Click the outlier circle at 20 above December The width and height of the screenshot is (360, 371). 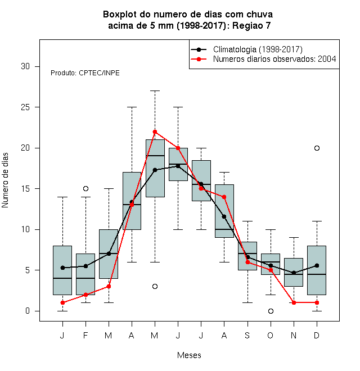tap(317, 148)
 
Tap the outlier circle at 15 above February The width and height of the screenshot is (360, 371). tap(85, 188)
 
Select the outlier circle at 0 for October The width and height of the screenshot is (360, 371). tap(271, 311)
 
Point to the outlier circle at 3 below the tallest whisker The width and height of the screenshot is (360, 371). tap(155, 286)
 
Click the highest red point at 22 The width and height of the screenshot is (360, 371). tap(155, 132)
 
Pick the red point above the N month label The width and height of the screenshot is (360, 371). tap(294, 302)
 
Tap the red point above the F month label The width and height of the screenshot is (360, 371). tap(85, 295)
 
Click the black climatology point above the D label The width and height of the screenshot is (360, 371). tap(317, 265)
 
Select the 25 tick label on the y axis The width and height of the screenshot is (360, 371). tap(25, 107)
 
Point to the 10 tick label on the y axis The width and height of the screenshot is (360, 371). tap(25, 229)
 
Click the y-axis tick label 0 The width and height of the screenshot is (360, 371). tap(28, 311)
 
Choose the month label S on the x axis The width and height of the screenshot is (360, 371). tap(247, 335)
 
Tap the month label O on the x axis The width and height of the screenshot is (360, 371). tap(270, 335)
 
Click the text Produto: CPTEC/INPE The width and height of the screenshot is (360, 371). tap(85, 73)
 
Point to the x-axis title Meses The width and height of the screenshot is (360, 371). tap(189, 355)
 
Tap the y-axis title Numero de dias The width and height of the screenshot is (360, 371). tap(5, 180)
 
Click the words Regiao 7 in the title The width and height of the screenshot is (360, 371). tap(251, 25)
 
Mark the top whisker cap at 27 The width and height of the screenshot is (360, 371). tap(155, 91)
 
